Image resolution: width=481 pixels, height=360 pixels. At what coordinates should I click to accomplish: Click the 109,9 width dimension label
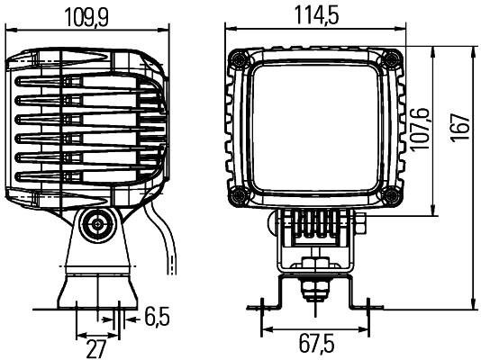[87, 15]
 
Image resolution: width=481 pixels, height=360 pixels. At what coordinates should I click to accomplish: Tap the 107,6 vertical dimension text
[422, 130]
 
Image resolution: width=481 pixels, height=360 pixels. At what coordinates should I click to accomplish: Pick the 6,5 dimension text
[157, 317]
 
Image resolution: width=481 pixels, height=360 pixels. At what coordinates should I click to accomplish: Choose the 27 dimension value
[97, 347]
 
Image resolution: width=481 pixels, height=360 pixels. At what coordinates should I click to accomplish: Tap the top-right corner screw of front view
[391, 58]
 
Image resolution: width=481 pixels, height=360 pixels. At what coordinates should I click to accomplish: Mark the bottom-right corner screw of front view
[391, 196]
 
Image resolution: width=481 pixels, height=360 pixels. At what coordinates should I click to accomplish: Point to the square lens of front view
[313, 127]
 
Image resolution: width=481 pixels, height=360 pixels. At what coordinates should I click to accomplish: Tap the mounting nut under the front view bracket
[312, 287]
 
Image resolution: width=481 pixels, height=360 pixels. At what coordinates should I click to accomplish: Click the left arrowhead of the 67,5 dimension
[263, 328]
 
